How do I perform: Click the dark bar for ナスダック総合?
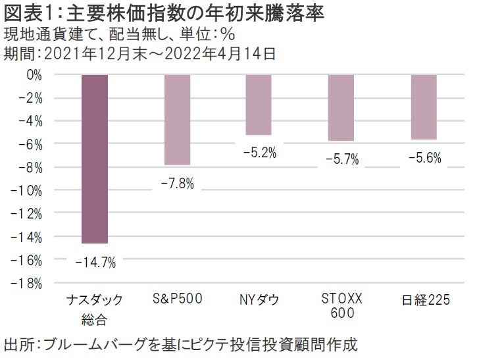(x=95, y=159)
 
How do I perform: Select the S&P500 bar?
(x=177, y=119)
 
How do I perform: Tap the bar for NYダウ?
(x=259, y=105)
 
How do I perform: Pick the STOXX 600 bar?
(x=341, y=107)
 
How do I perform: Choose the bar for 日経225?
(x=424, y=107)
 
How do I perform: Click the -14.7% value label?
(x=95, y=263)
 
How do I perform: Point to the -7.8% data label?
(x=177, y=184)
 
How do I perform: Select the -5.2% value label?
(x=259, y=153)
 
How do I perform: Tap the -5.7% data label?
(x=341, y=160)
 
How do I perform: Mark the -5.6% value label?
(x=424, y=159)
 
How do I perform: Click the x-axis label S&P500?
(x=177, y=300)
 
